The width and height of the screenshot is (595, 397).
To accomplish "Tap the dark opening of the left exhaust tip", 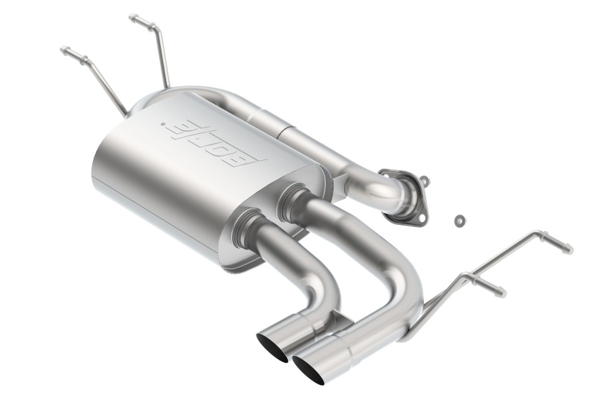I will [272, 349].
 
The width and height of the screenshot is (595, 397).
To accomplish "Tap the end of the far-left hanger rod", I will [64, 51].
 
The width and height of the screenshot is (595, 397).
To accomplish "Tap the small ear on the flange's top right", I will [423, 180].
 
